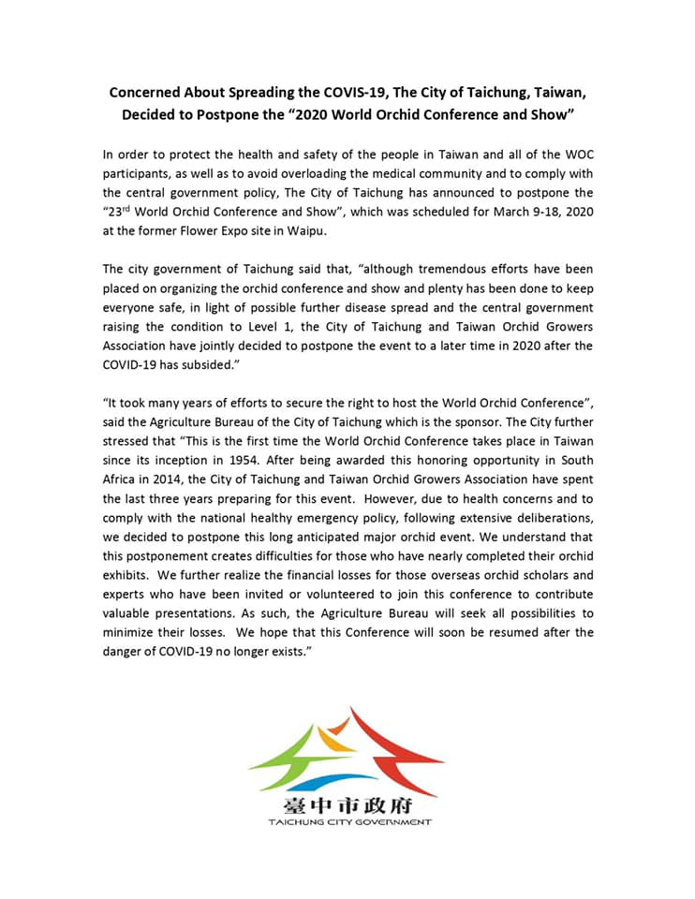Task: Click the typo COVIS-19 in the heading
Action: (x=332, y=93)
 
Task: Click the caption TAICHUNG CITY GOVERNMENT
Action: (x=348, y=822)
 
